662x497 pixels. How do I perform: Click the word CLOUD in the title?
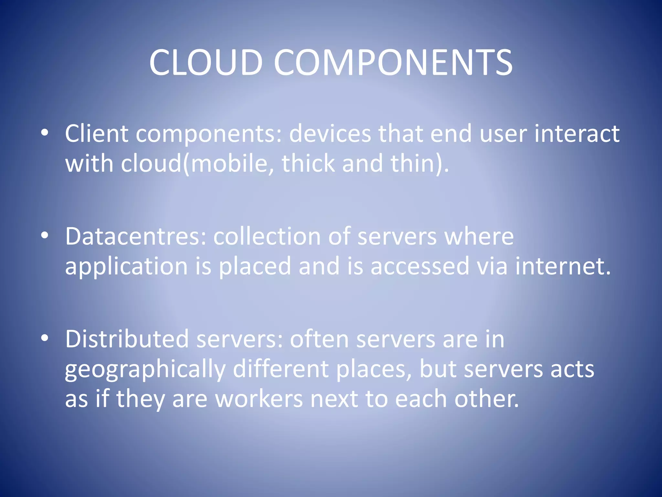[x=206, y=62]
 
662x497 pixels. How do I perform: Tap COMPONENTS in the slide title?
[x=393, y=62]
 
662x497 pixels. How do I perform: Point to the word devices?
[x=330, y=133]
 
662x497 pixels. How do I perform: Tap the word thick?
[x=308, y=163]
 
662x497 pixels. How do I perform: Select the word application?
[x=126, y=267]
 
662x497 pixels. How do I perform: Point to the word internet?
[x=563, y=266]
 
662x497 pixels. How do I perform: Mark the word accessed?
[x=420, y=266]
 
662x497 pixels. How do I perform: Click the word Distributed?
[x=127, y=339]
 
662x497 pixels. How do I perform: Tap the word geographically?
[x=145, y=370]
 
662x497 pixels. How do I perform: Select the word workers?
[x=259, y=399]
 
